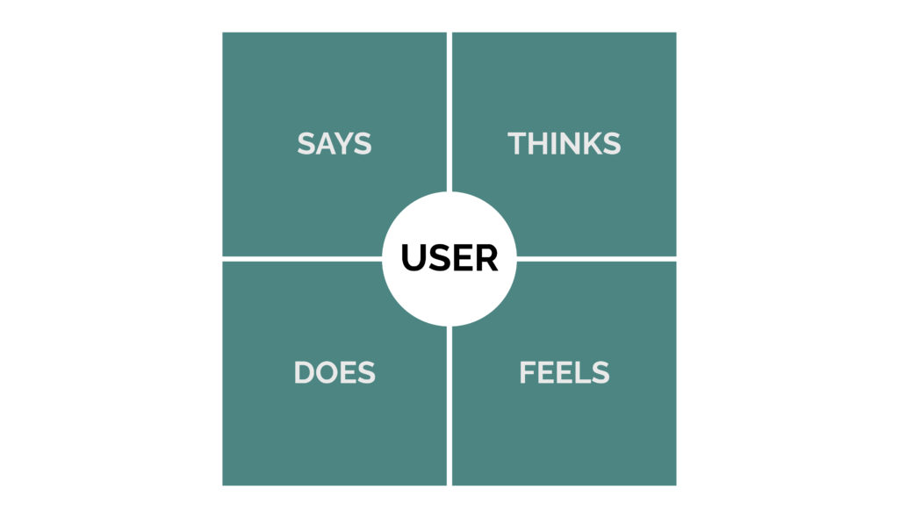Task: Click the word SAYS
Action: pos(334,143)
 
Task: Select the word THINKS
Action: pos(565,143)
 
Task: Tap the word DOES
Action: pos(334,373)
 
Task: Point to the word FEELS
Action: pos(565,373)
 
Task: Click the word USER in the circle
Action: pos(449,258)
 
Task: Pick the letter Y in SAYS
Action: pos(344,143)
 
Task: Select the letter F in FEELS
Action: pos(528,373)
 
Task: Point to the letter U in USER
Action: pos(413,259)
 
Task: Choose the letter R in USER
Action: pos(487,258)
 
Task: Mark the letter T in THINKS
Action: pos(517,143)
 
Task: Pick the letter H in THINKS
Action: pos(539,143)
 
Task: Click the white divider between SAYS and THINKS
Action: pos(449,112)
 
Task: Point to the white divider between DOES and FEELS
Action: pos(449,406)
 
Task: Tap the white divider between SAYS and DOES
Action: pos(302,259)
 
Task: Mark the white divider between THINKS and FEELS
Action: pos(596,259)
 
